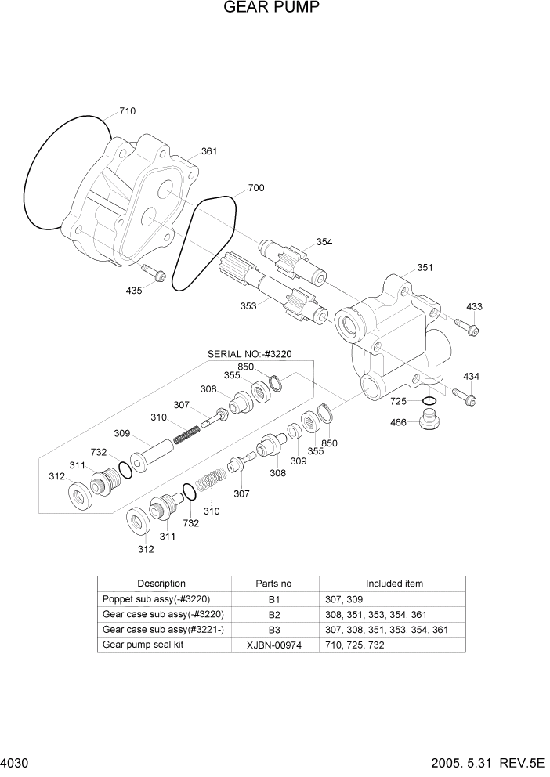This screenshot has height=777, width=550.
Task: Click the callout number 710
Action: pos(127,111)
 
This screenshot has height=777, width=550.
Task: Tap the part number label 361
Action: pos(209,151)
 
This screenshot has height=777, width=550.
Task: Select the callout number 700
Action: pos(255,188)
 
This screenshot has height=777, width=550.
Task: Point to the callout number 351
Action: pos(424,267)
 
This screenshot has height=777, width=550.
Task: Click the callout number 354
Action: pos(324,242)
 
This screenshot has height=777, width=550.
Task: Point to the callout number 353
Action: pos(248,306)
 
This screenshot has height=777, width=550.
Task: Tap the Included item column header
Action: pos(394,584)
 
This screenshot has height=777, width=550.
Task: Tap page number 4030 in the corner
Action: pos(14,763)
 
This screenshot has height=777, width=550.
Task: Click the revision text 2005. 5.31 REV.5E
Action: pos(487,763)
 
